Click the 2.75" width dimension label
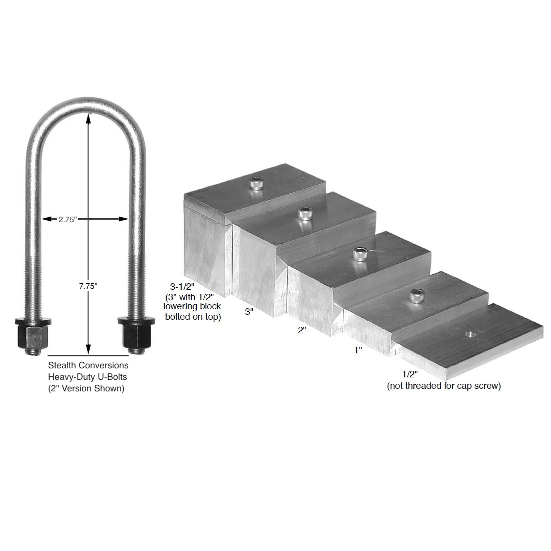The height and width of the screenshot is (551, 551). pyautogui.click(x=67, y=219)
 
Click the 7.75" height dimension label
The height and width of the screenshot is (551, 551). pyautogui.click(x=88, y=286)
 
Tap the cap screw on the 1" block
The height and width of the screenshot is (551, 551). pyautogui.click(x=415, y=297)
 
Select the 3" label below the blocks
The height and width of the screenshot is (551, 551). pyautogui.click(x=249, y=311)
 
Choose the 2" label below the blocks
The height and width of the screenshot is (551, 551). pyautogui.click(x=301, y=330)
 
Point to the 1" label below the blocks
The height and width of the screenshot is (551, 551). pyautogui.click(x=358, y=350)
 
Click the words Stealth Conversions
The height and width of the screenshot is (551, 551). pyautogui.click(x=88, y=366)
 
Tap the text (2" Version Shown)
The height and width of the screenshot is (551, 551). pyautogui.click(x=88, y=388)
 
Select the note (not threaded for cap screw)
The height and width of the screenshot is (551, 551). pyautogui.click(x=443, y=386)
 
